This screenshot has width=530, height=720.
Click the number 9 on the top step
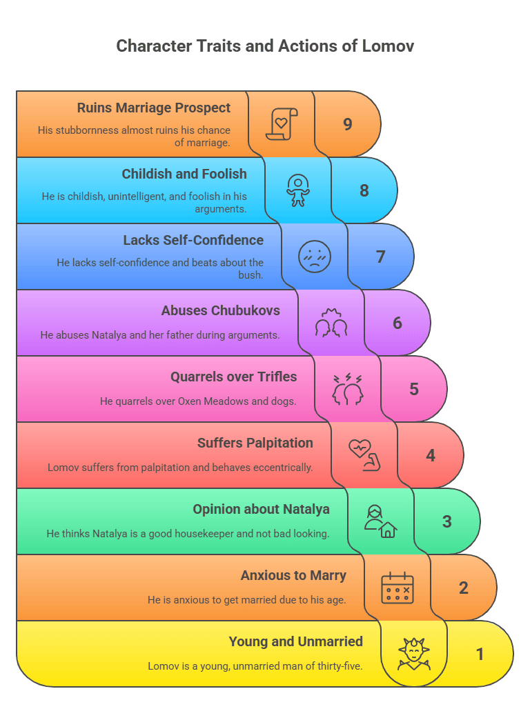(x=348, y=124)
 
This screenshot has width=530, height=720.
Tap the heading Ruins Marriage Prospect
(x=153, y=108)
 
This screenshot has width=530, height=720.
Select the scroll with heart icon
(x=281, y=124)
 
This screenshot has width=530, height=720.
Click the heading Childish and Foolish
(x=184, y=174)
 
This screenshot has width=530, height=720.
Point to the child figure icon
(x=298, y=190)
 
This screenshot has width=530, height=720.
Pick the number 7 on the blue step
(x=380, y=257)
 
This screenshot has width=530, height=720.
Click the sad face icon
(x=315, y=257)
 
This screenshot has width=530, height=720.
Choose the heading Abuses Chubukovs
(x=220, y=310)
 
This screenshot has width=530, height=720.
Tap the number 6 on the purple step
(x=397, y=323)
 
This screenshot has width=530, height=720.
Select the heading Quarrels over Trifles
(x=233, y=377)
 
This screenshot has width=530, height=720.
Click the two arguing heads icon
(x=348, y=390)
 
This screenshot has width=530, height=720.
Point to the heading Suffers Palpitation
(x=255, y=443)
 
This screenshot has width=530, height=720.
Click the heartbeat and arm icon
(x=364, y=455)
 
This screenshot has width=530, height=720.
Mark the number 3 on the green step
(x=446, y=521)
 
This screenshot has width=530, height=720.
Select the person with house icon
(x=380, y=521)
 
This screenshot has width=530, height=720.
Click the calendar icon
(x=397, y=588)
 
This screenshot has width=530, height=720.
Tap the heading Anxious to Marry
(x=293, y=575)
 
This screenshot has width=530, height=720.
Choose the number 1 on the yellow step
(x=480, y=654)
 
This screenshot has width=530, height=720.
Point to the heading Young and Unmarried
(x=295, y=641)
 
